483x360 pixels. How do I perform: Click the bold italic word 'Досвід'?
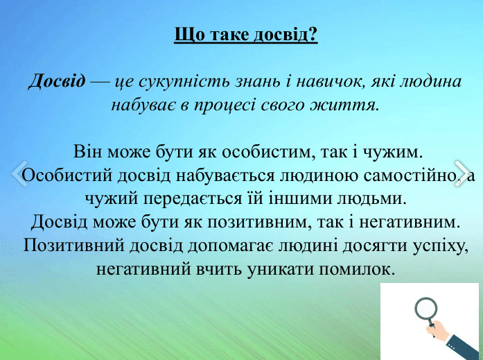57,82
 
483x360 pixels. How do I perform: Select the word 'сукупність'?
168,82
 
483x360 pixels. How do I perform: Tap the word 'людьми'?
373,198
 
